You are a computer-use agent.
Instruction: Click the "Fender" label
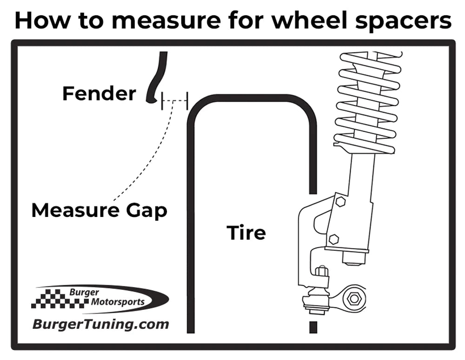99,94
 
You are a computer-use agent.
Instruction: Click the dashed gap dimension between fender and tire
174,100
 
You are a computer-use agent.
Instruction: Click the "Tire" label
246,232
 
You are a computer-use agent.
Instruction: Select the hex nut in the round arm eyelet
354,299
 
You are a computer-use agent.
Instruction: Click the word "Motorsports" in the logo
118,302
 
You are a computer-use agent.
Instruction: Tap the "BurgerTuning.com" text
100,324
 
